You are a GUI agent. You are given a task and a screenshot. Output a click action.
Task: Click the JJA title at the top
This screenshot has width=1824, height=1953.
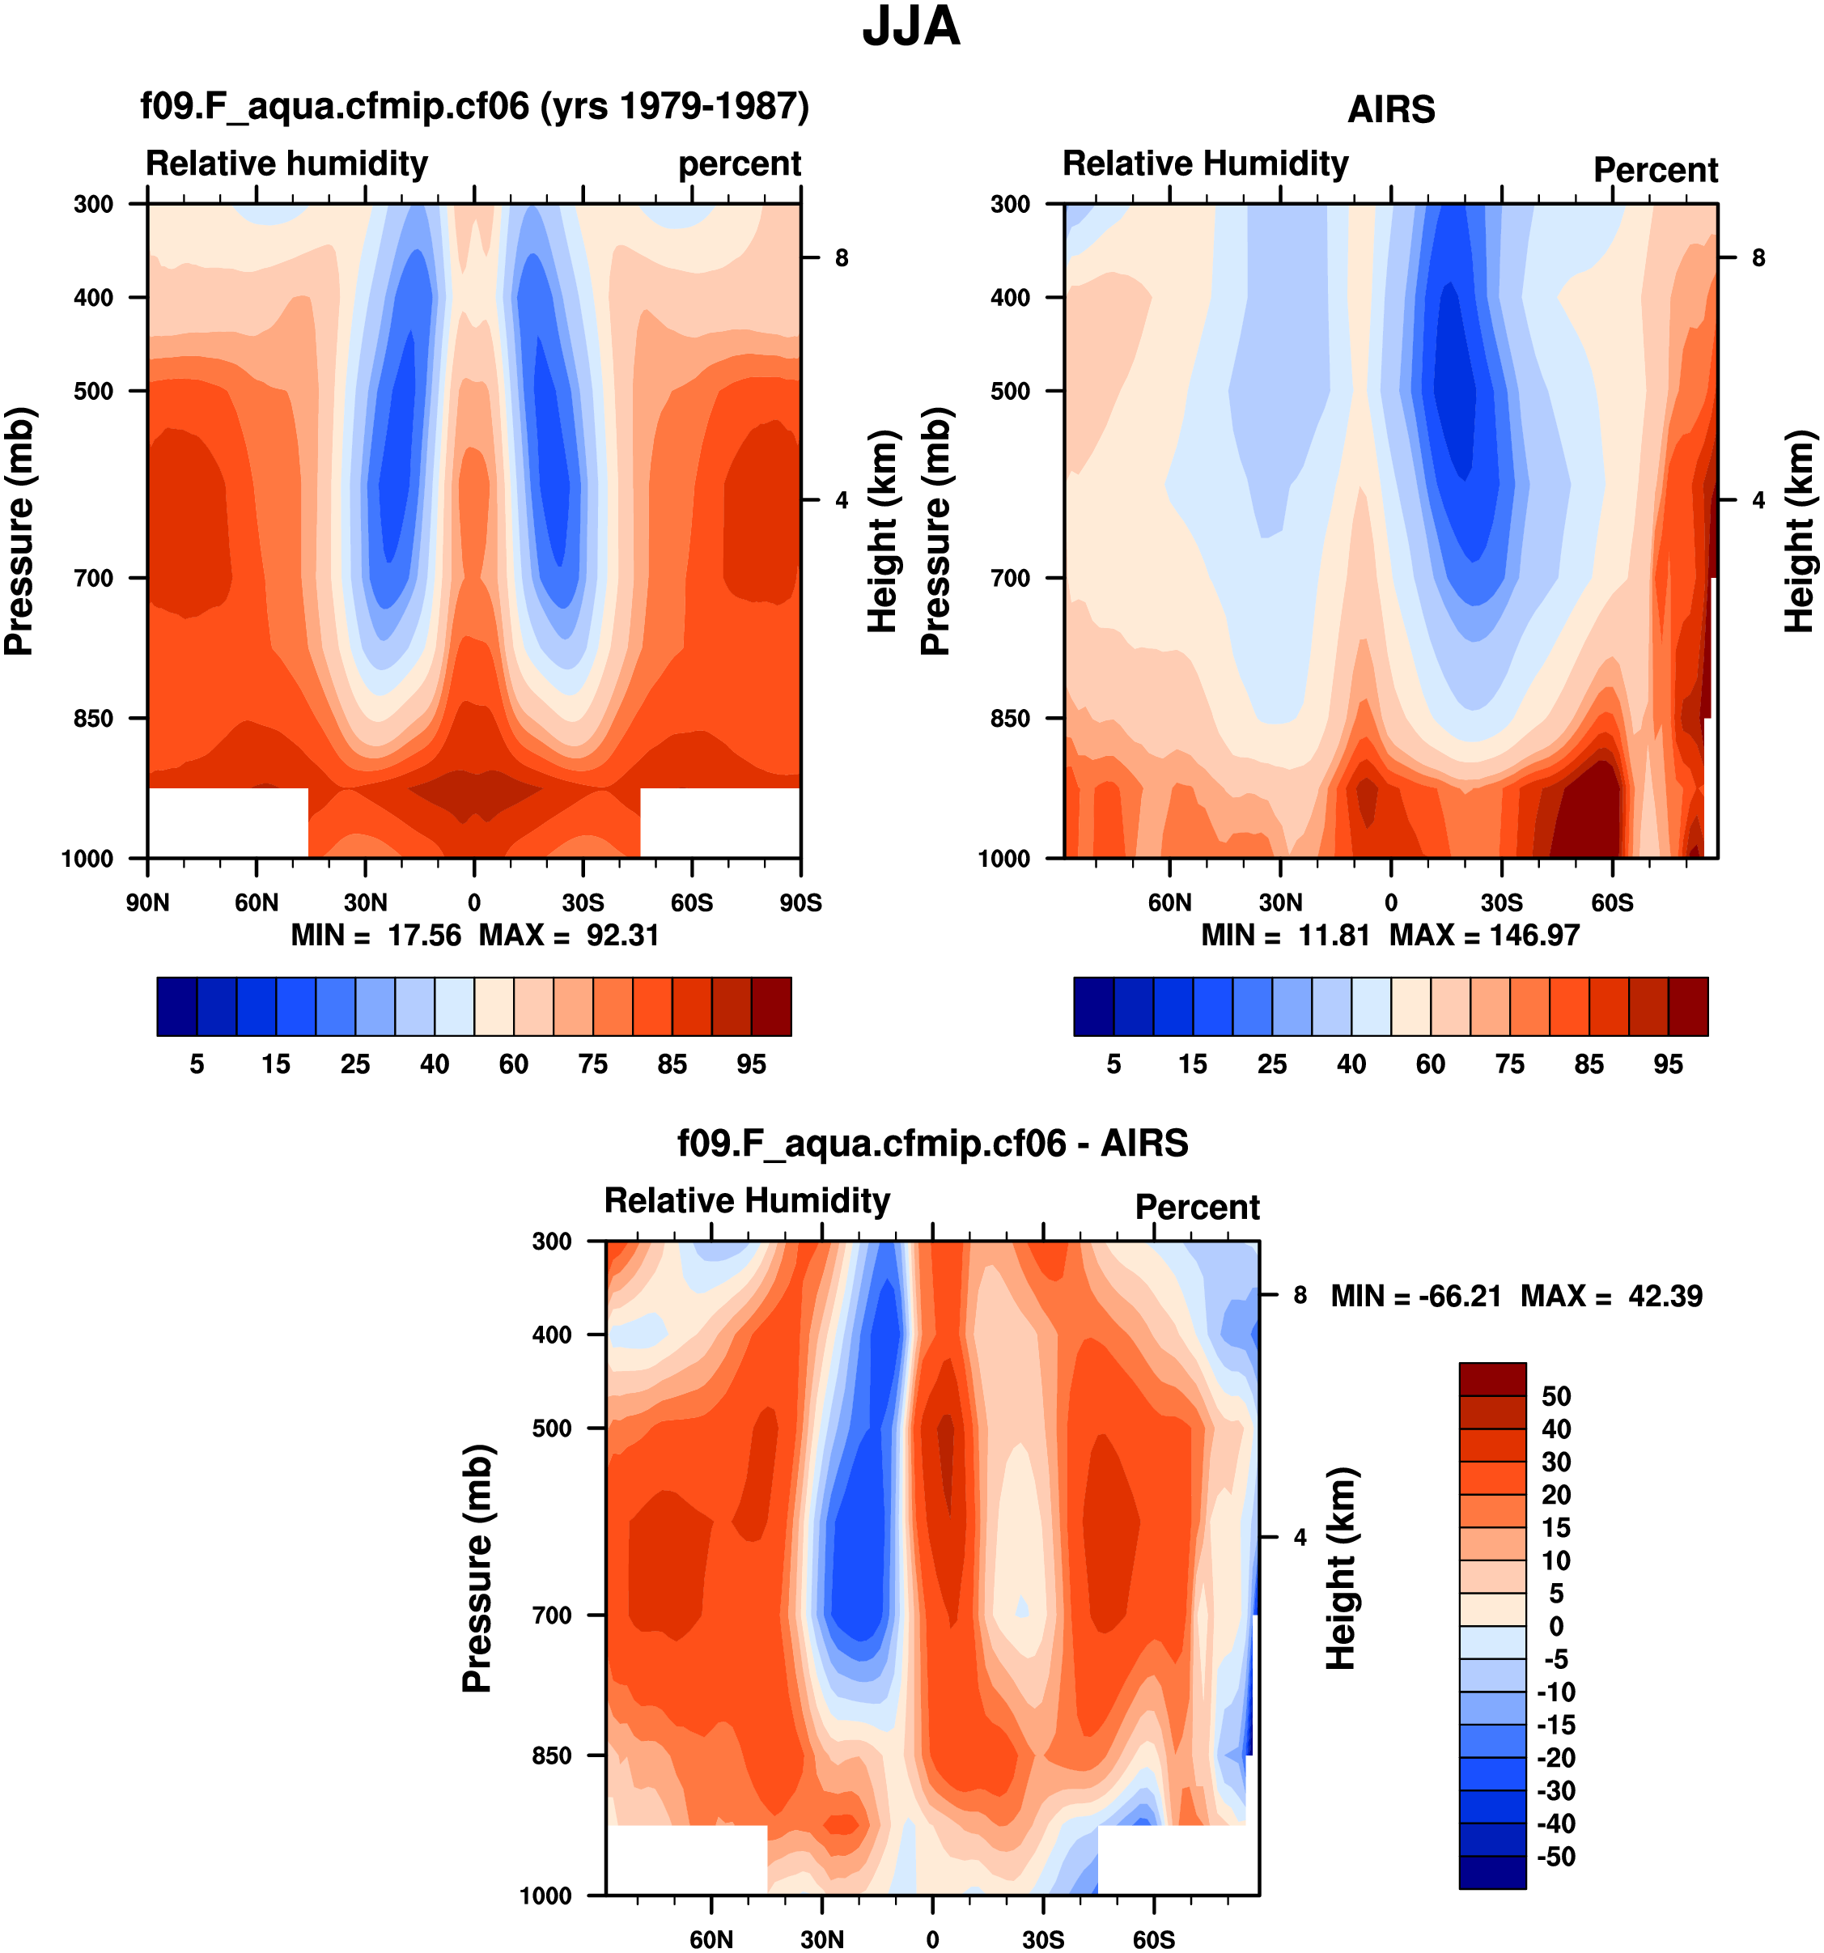910,28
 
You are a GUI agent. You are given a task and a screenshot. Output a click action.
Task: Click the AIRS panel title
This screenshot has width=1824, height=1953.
1391,109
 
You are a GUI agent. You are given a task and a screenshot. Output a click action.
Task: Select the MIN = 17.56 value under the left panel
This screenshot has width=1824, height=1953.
375,936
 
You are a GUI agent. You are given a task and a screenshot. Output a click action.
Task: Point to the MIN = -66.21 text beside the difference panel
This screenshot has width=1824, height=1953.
1415,1296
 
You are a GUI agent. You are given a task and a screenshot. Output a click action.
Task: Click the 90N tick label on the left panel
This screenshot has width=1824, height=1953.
147,902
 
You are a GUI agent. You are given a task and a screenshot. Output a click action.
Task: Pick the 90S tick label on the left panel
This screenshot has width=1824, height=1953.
800,902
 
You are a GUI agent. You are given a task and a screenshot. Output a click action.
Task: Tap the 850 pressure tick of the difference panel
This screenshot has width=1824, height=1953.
551,1756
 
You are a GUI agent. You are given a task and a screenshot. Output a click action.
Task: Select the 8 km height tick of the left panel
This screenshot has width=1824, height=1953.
842,257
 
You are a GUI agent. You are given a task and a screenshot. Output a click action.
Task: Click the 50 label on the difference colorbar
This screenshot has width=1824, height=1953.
1556,1396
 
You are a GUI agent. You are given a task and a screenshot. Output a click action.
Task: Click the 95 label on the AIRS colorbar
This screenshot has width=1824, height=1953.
1668,1064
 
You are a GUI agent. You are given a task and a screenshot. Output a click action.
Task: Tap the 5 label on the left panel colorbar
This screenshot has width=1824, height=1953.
197,1064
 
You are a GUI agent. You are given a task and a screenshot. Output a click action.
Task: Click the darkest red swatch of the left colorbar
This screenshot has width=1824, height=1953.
771,1006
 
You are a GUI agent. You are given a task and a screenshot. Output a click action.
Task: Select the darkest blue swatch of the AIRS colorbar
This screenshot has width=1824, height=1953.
1093,1006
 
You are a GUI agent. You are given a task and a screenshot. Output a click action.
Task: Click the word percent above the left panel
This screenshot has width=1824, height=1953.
740,164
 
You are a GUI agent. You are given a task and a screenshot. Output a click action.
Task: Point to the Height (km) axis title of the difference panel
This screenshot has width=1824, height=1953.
1342,1568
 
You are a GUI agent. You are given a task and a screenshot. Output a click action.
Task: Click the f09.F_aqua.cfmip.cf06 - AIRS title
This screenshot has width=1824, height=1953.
932,1144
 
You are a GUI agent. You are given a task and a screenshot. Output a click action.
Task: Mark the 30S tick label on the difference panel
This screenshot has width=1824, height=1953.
1042,1939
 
